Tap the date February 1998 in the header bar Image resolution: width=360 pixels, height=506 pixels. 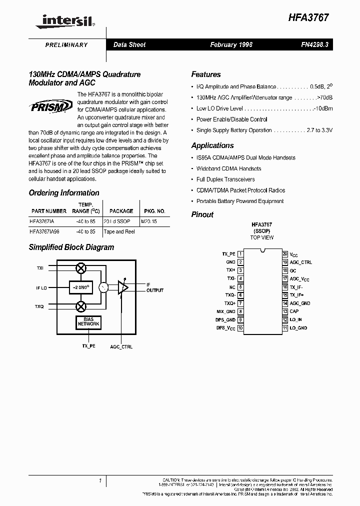231,44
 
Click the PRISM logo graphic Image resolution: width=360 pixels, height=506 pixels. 50,106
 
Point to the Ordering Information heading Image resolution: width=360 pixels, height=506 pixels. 64,193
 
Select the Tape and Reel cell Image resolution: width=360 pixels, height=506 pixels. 119,231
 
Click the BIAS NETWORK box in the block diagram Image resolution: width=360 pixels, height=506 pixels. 88,322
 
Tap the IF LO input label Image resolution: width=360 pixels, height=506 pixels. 41,287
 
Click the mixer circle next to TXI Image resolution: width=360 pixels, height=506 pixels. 80,269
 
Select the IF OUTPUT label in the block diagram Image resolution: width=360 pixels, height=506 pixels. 154,287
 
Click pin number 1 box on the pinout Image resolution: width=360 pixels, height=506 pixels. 240,254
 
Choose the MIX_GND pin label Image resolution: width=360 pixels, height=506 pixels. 226,311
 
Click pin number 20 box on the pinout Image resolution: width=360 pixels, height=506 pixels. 285,254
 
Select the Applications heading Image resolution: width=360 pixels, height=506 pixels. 212,145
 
